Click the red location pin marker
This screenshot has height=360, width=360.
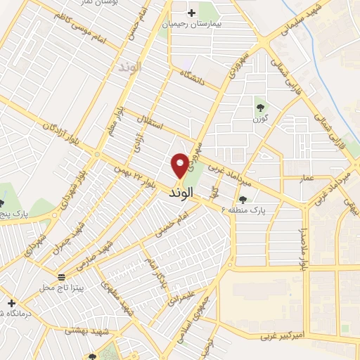pos(180,165)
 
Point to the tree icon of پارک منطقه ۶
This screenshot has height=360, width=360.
pos(243,200)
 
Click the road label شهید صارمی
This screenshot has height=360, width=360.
pos(99,254)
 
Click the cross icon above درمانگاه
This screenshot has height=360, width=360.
pos(11,303)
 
